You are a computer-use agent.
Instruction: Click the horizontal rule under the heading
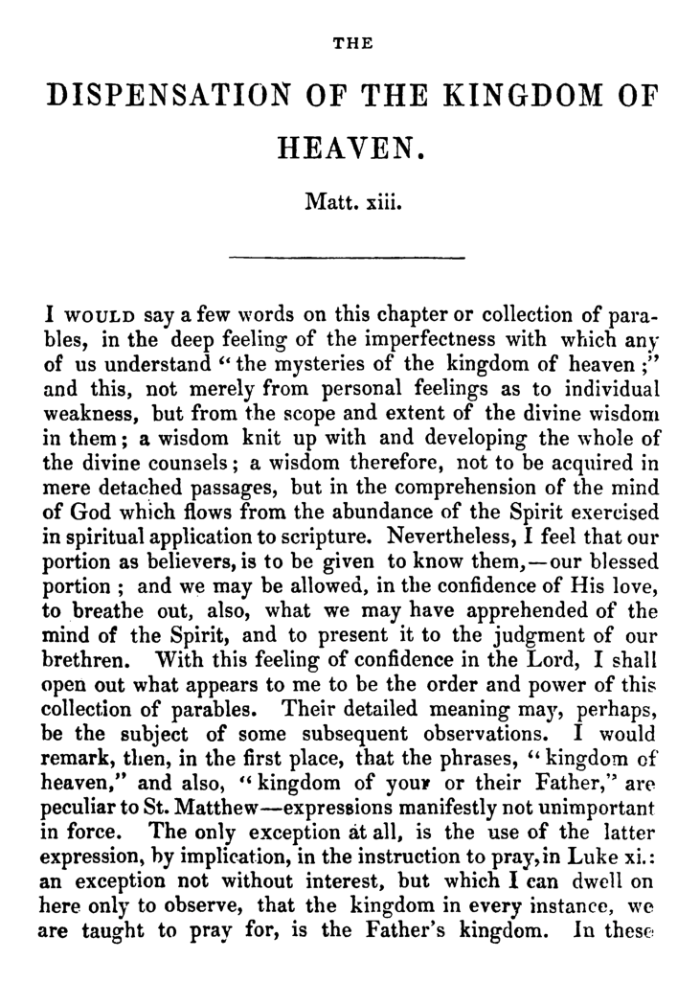point(349,257)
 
